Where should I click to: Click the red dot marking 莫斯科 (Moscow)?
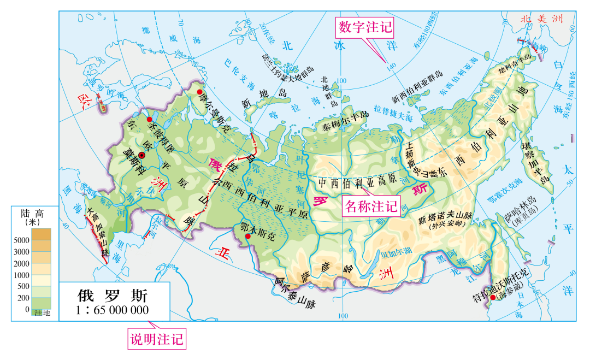[x=142, y=156]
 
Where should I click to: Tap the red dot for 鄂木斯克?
[x=247, y=237]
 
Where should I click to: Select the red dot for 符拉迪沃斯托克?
[x=493, y=297]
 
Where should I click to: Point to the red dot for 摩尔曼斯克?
[x=200, y=93]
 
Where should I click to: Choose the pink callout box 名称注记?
[x=371, y=205]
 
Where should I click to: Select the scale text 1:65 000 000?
[x=113, y=311]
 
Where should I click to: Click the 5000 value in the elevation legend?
[x=21, y=240]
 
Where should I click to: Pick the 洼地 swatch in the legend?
[x=42, y=312]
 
